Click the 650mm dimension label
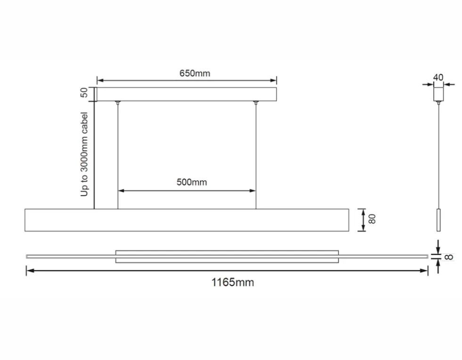tap(195, 73)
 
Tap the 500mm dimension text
tap(192, 182)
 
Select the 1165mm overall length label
tap(233, 283)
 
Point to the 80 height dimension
tap(372, 219)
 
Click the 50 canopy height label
tap(84, 92)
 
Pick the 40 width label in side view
tap(438, 77)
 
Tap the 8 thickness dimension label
tap(449, 257)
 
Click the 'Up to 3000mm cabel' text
tap(84, 154)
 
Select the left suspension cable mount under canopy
tap(118, 102)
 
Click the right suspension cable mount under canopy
tap(256, 102)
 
